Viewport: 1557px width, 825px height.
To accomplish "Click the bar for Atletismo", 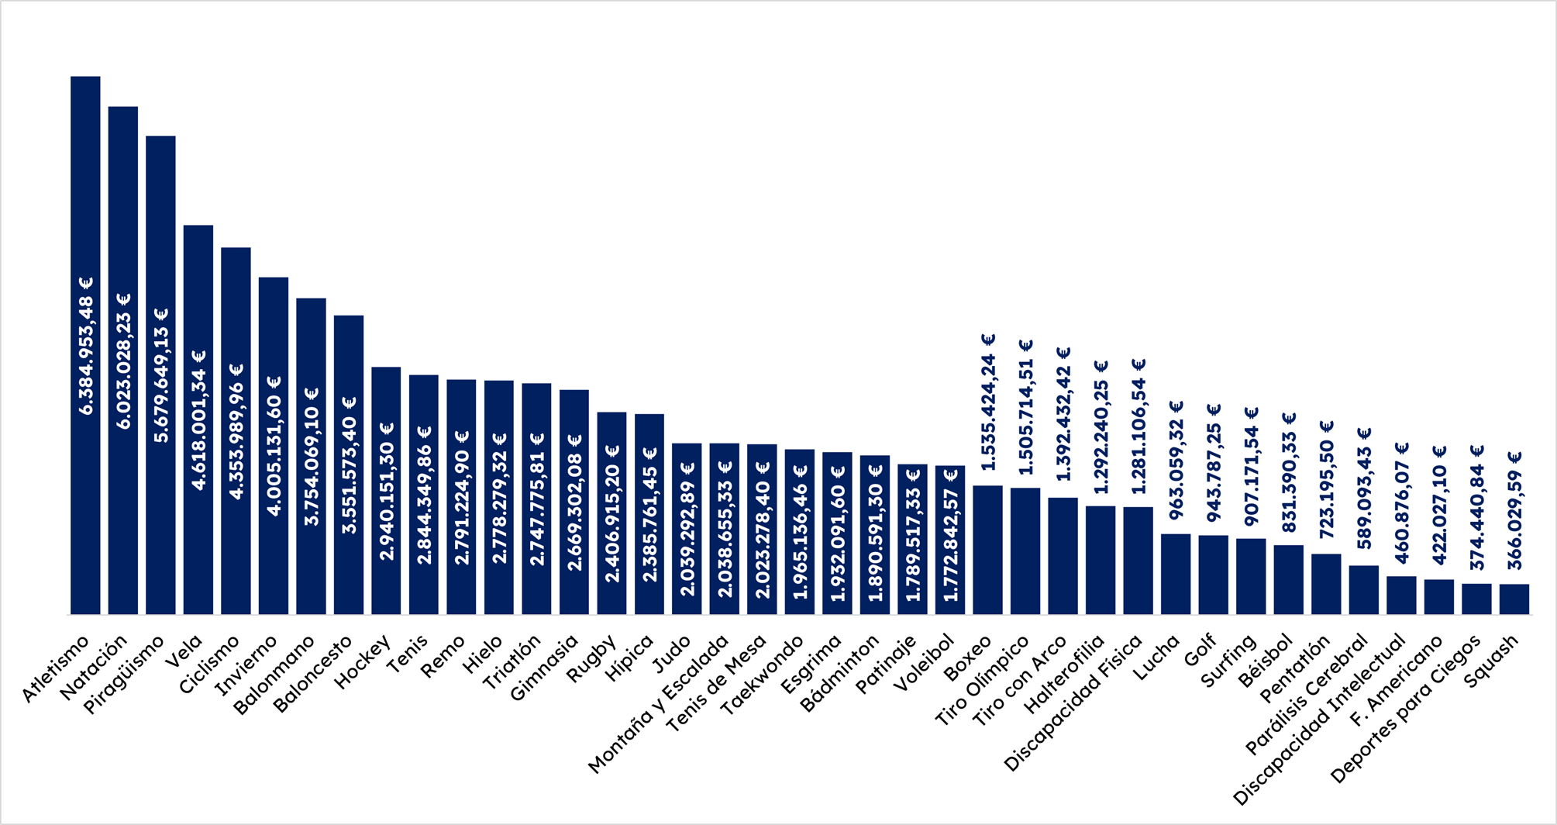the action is coord(85,345).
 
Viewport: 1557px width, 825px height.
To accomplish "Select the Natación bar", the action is coord(123,361).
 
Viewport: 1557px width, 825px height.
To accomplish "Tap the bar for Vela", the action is coord(198,419).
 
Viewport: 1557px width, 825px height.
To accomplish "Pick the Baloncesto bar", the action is coord(349,464).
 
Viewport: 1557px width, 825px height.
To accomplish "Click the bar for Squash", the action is coord(1514,599).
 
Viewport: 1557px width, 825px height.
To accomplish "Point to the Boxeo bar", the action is coord(988,550).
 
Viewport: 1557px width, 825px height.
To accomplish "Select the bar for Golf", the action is coord(1214,575).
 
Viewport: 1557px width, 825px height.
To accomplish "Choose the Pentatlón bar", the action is coord(1326,584).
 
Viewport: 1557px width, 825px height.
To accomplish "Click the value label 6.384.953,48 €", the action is coord(85,346).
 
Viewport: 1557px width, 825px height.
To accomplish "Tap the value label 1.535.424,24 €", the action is coord(988,402).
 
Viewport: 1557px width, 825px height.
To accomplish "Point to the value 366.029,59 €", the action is coord(1514,510).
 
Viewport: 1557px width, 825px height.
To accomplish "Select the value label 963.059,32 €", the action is coord(1176,460).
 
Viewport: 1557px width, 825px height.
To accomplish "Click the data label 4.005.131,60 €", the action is coord(274,446).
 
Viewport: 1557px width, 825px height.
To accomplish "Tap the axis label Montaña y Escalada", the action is coord(658,704).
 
